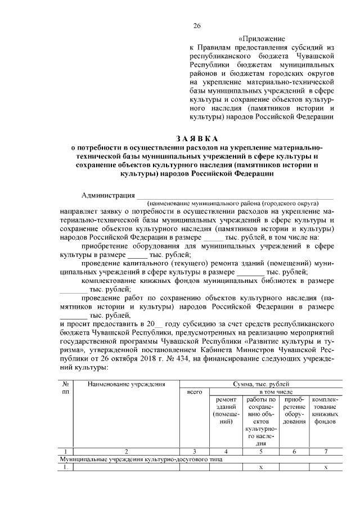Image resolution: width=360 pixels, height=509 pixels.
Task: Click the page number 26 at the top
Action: pos(197,26)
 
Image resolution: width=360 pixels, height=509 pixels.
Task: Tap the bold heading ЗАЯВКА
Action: pos(196,138)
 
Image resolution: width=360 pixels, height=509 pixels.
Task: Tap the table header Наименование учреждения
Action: pos(126,384)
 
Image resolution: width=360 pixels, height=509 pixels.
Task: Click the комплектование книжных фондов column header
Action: pos(325,410)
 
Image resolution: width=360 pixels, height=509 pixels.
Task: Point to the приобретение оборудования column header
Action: pos(294,410)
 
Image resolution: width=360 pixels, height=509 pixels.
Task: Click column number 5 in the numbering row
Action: pos(260,451)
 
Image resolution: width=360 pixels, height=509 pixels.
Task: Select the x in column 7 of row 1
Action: pos(326,467)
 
